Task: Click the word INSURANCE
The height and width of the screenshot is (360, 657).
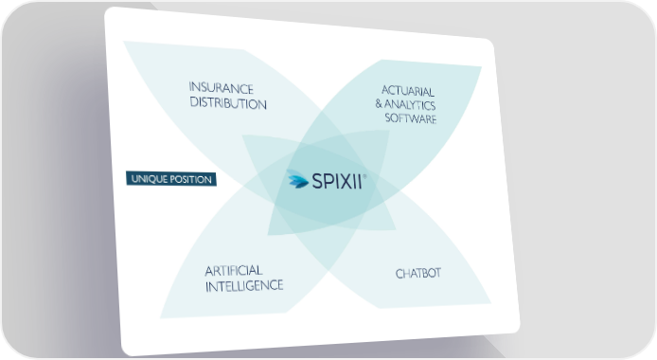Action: (222, 88)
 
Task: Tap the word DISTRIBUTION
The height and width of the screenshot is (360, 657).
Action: (228, 103)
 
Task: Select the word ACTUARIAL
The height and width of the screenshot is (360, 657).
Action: (408, 91)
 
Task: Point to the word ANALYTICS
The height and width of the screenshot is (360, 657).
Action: (410, 104)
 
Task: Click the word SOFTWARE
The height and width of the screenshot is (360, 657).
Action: (411, 118)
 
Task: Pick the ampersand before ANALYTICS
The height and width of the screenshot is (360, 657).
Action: (379, 103)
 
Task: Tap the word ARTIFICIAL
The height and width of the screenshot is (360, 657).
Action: (234, 271)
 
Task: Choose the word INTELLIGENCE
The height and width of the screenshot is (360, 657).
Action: (244, 286)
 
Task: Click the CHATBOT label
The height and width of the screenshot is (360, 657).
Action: (418, 273)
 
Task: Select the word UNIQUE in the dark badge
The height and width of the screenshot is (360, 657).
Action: (150, 179)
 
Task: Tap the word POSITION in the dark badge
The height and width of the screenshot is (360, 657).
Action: (190, 179)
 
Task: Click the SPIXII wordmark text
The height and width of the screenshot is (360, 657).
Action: (336, 182)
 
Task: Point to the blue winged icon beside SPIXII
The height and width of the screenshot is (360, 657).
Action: (298, 179)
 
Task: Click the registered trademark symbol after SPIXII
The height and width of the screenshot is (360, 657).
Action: (364, 176)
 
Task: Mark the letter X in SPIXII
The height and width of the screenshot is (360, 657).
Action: (345, 182)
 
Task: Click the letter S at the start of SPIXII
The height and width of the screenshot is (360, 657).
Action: (316, 182)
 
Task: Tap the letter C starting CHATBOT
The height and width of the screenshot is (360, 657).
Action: (400, 274)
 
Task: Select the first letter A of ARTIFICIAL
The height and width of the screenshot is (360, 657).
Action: (209, 271)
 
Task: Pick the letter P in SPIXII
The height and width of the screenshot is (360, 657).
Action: (328, 182)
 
